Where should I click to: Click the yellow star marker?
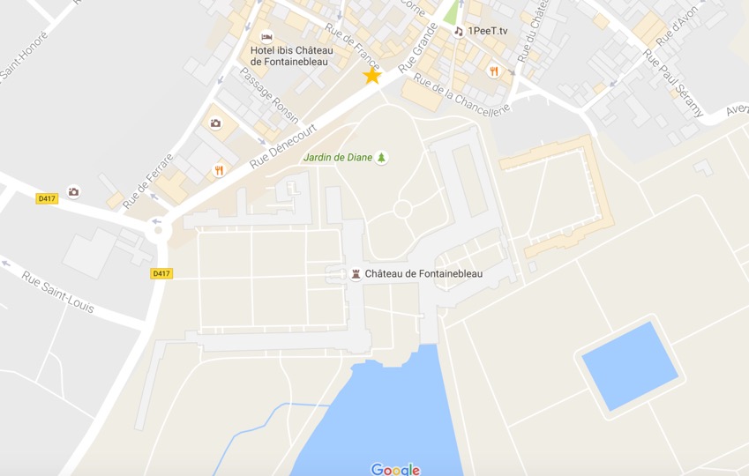click(372, 76)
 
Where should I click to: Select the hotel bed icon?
click(267, 37)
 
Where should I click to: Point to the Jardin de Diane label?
click(337, 158)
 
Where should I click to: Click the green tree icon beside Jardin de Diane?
click(382, 158)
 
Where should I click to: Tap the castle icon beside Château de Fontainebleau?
click(356, 274)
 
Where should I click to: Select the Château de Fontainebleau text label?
click(423, 274)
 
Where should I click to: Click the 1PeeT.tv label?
click(487, 31)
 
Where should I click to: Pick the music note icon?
click(458, 31)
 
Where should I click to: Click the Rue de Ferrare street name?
click(147, 182)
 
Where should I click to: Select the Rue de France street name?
click(352, 46)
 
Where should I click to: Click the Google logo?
click(395, 469)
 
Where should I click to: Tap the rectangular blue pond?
click(631, 365)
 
